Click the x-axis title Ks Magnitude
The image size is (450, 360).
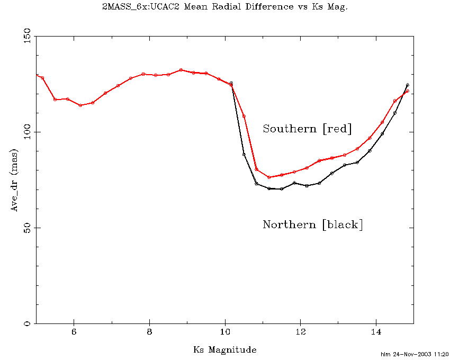click(224, 349)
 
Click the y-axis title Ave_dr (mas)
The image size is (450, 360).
click(15, 180)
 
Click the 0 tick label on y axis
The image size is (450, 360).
click(29, 323)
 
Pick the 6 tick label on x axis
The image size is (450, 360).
click(74, 332)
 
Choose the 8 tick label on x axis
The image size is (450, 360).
click(150, 332)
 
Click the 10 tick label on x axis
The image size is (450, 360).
click(225, 332)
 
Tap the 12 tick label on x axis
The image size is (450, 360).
click(301, 332)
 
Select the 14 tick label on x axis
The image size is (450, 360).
click(376, 332)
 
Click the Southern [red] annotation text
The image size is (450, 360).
click(307, 129)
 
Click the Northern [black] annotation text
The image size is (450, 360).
click(313, 224)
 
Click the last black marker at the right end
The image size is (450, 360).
click(407, 85)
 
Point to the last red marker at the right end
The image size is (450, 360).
click(407, 92)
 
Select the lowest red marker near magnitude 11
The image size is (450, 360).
click(269, 177)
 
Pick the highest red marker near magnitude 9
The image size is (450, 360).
click(181, 70)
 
